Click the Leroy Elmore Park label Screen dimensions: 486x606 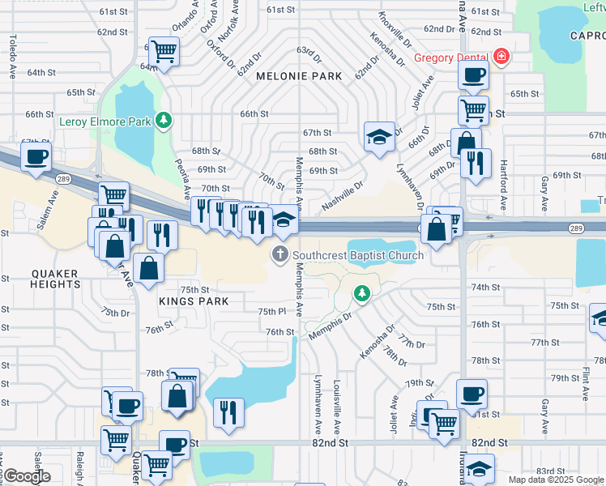[105, 122]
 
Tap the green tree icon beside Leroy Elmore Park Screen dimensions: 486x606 [164, 121]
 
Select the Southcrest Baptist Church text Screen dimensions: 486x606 [358, 255]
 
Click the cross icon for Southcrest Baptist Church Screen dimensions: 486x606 [280, 254]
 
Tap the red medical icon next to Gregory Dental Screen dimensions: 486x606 [501, 57]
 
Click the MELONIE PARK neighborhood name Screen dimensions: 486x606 [299, 75]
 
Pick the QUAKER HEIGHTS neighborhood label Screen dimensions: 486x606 [56, 279]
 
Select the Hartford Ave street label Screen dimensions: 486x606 [504, 169]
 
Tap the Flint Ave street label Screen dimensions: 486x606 [585, 383]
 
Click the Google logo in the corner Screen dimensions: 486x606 [28, 476]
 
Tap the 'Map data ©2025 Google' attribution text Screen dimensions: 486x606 [555, 480]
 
